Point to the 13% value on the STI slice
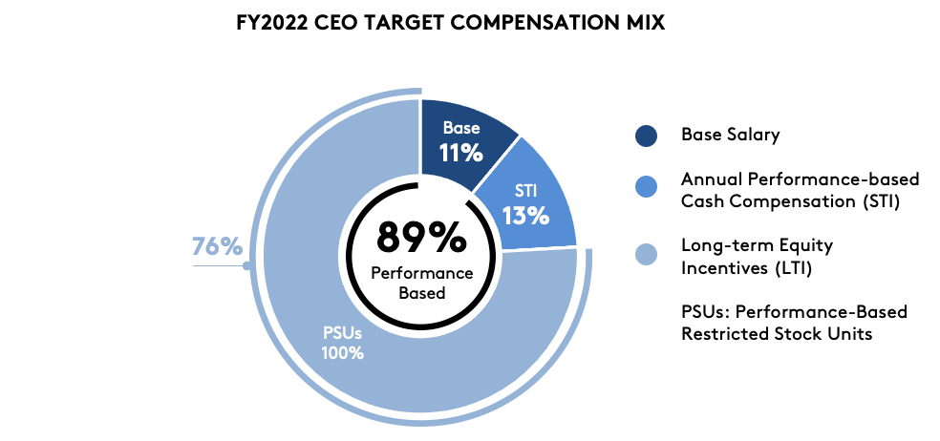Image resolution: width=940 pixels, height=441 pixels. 526,215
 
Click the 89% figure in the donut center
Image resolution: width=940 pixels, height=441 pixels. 421,237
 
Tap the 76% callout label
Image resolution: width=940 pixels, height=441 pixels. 218,246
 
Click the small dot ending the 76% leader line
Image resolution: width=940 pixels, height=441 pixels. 247,264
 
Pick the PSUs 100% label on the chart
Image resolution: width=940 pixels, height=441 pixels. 342,343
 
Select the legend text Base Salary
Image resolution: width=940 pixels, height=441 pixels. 730,135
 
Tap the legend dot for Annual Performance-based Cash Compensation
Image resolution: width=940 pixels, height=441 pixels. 646,189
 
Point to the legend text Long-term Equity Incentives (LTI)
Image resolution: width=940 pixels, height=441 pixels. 757,257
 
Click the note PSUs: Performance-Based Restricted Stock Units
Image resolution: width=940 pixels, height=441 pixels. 794,323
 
